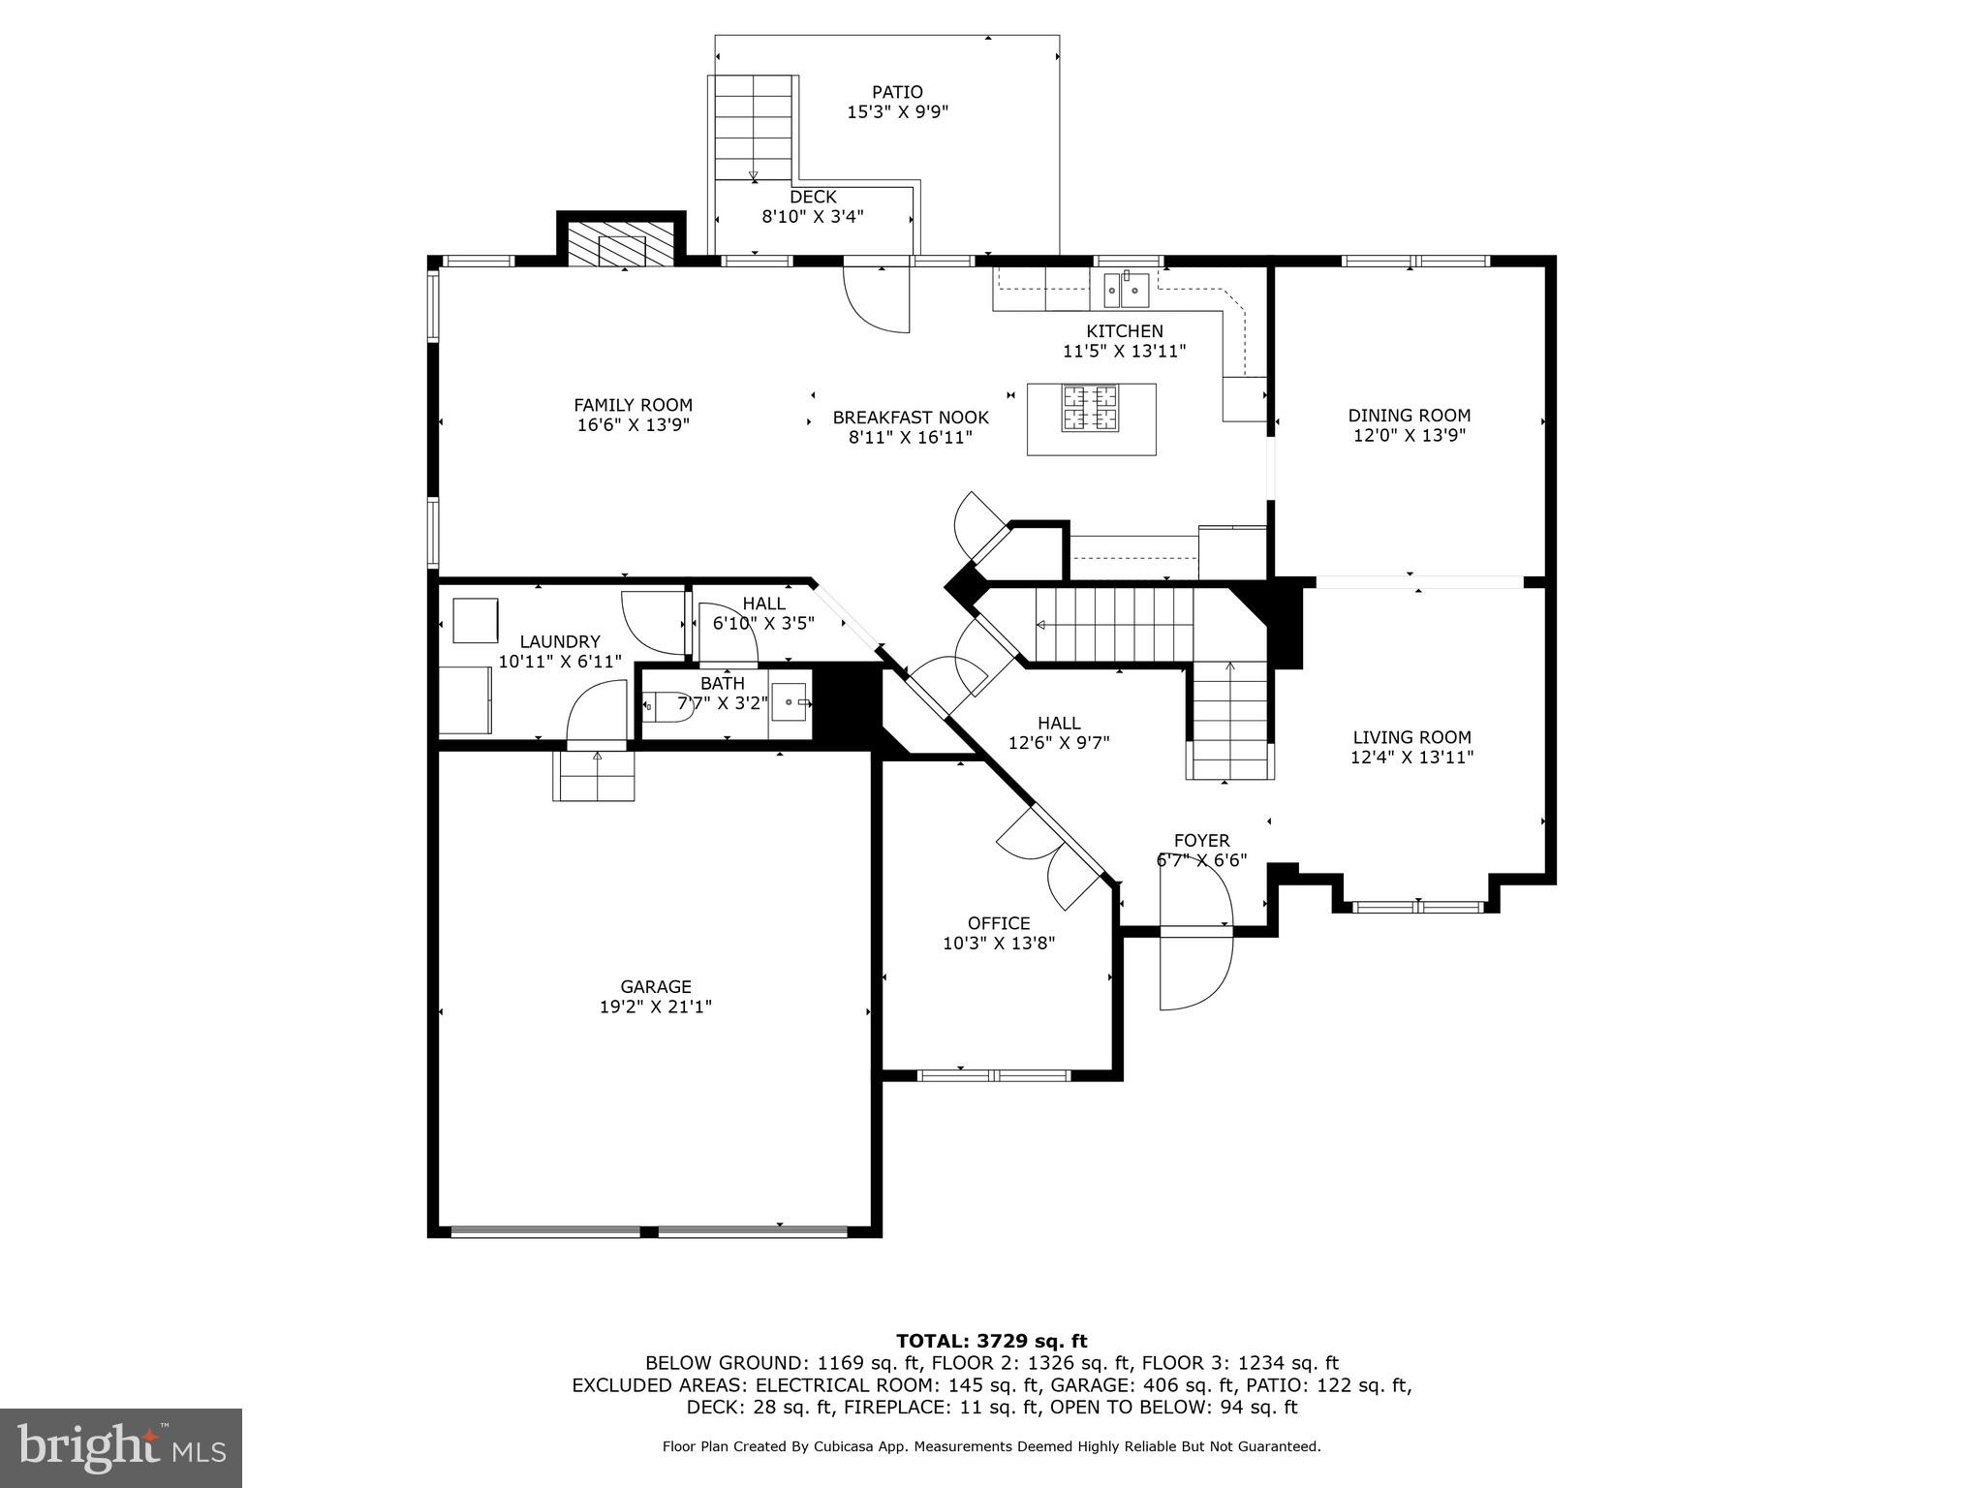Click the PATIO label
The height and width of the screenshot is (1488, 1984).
point(897,92)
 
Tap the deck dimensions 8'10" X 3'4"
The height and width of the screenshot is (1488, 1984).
point(812,217)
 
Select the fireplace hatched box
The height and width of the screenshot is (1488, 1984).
point(621,244)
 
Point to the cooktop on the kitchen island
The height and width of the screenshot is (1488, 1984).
point(1090,408)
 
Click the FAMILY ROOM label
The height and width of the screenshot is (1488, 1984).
point(633,405)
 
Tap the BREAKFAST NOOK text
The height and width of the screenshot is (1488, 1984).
point(911,418)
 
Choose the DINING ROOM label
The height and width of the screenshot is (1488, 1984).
point(1409,416)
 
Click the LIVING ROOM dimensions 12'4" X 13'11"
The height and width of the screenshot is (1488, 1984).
point(1411,758)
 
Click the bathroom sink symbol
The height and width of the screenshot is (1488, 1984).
point(790,701)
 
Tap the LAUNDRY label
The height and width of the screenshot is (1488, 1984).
point(560,641)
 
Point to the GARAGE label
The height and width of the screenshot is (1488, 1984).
point(656,987)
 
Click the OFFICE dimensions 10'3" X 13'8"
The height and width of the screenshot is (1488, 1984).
point(998,943)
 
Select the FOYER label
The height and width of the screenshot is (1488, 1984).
point(1201,841)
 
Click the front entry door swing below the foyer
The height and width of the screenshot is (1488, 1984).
point(1196,969)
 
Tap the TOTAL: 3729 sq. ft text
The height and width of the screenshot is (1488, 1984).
point(991,1341)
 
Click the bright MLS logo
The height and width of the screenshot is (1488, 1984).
point(121,1447)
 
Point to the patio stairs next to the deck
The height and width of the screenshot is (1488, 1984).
point(754,127)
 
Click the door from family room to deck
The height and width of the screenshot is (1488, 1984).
point(877,298)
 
